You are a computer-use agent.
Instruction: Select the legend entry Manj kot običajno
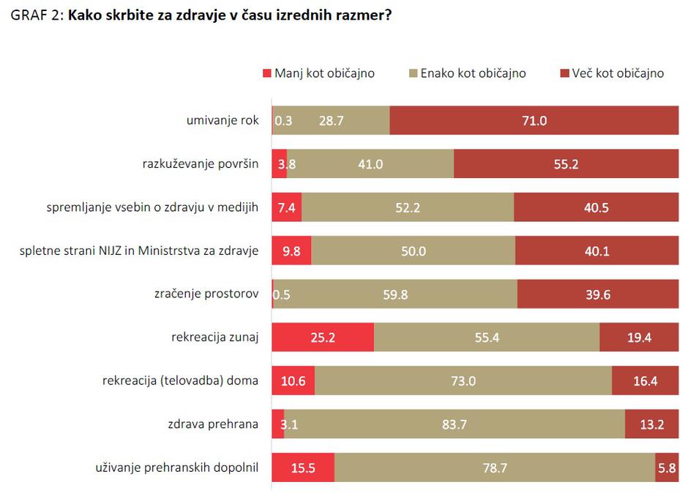tap(318, 73)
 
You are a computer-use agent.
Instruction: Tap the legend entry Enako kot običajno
tap(467, 73)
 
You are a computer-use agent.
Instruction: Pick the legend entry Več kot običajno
tap(612, 73)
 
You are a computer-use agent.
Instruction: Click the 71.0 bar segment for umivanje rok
tap(534, 121)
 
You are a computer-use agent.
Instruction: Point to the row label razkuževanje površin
tap(201, 164)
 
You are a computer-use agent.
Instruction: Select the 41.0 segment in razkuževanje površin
tap(370, 164)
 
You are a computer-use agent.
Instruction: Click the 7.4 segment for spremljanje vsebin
tap(286, 207)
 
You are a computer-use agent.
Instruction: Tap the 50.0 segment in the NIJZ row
tap(413, 251)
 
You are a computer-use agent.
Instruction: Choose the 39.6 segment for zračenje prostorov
tap(597, 294)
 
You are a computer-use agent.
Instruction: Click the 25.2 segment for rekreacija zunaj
tap(323, 338)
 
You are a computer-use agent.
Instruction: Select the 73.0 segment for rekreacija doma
tap(463, 381)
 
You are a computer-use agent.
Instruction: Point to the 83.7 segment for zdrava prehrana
tap(454, 424)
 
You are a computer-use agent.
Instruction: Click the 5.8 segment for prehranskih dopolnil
tap(667, 467)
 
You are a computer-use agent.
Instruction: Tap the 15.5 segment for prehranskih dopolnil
tap(303, 467)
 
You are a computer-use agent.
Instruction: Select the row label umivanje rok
tap(223, 121)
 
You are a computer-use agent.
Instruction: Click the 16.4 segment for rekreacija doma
tap(645, 381)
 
